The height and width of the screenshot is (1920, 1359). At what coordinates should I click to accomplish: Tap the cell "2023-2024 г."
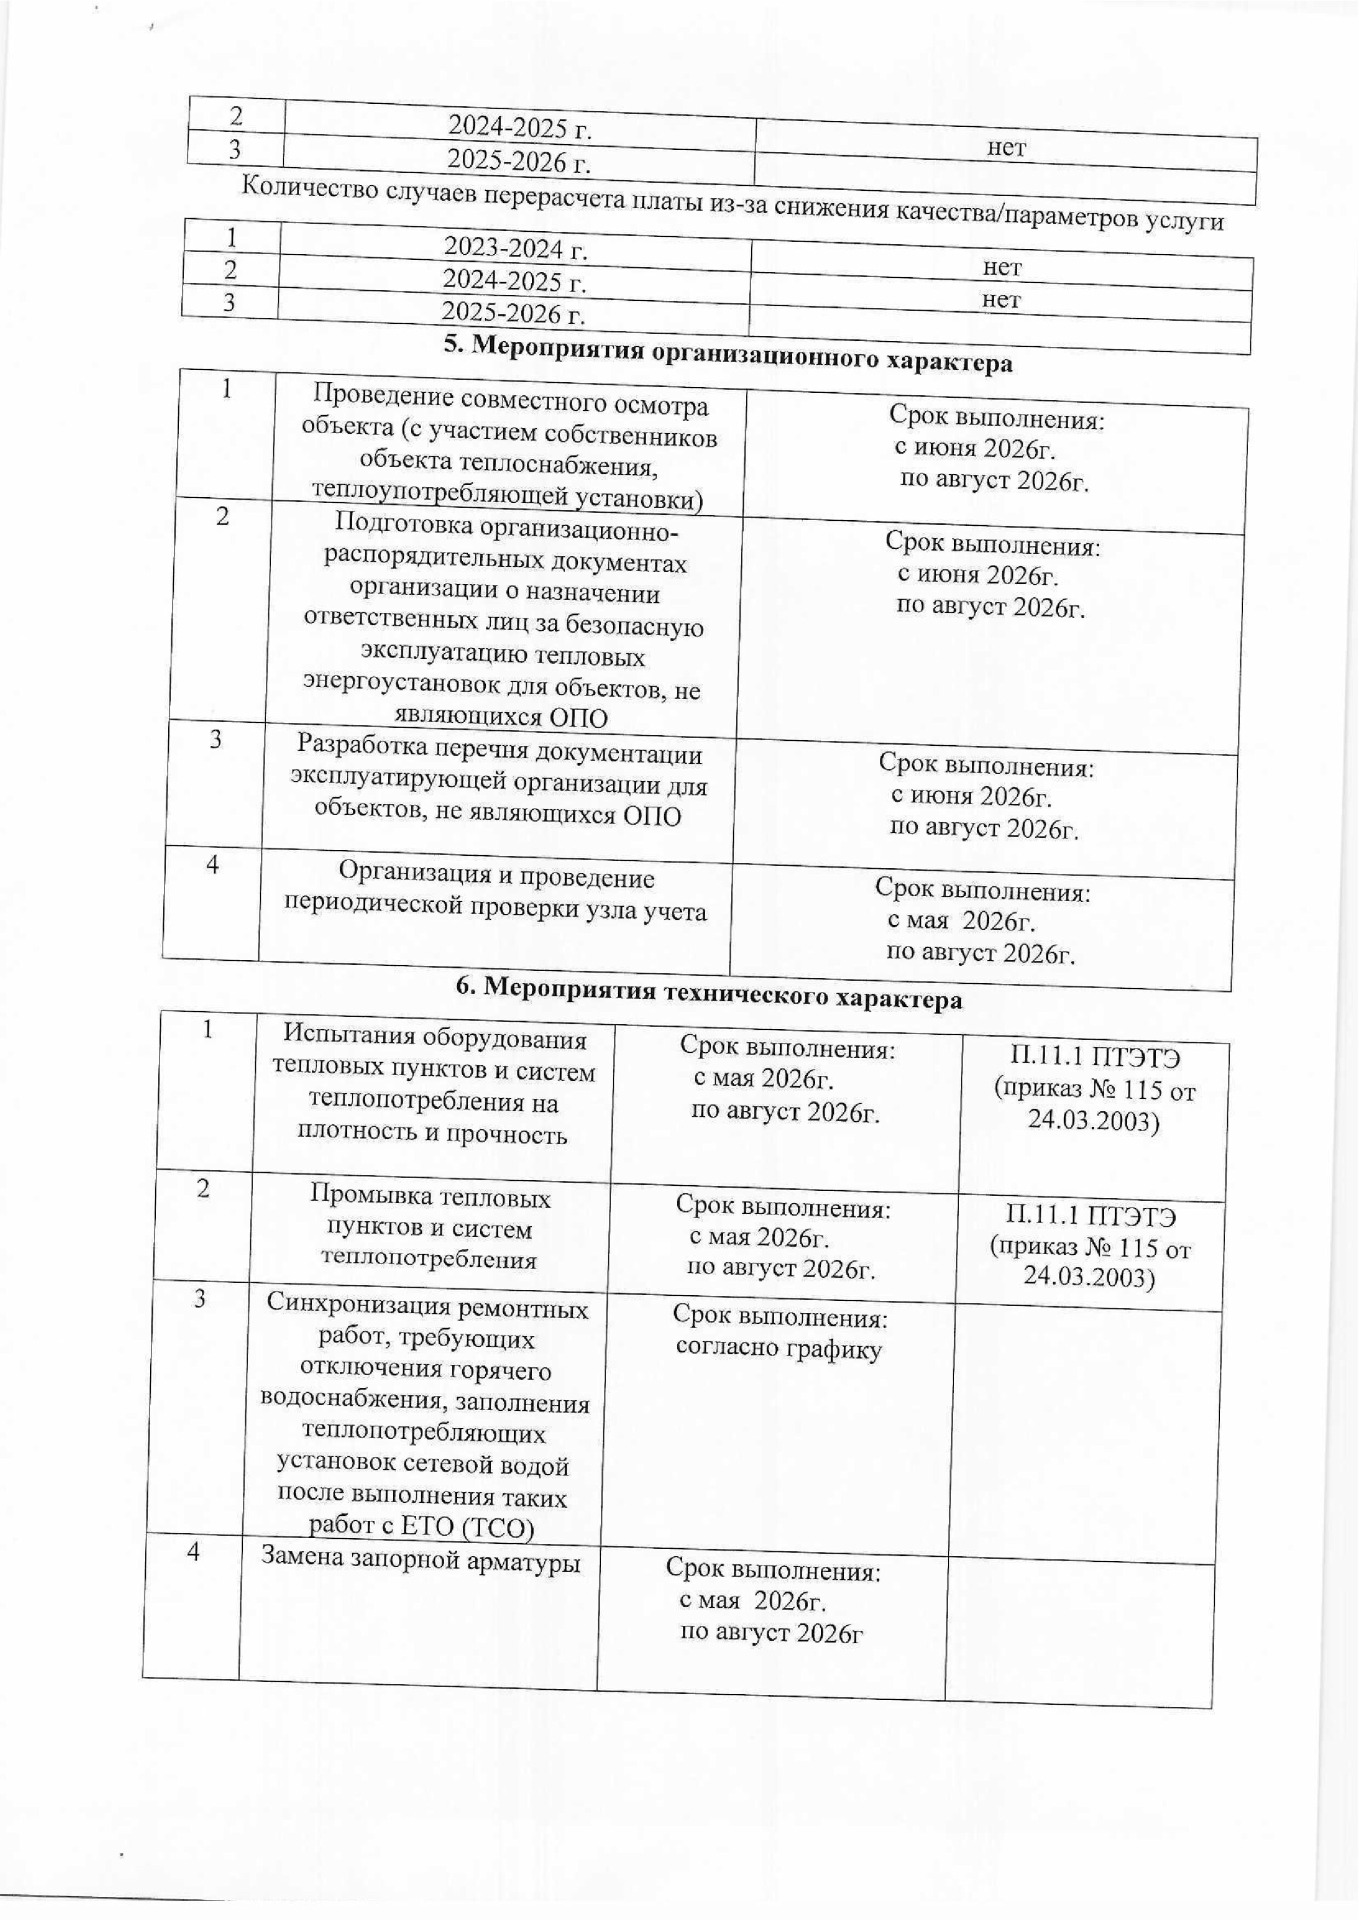[x=514, y=247]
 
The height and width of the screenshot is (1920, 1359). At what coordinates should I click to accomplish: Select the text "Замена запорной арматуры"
[x=421, y=1557]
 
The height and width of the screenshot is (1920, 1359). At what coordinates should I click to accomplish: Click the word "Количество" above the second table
[x=310, y=187]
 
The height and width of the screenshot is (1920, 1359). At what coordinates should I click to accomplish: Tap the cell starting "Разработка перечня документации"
[x=498, y=783]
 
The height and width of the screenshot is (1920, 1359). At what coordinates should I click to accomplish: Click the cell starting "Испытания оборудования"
[x=433, y=1086]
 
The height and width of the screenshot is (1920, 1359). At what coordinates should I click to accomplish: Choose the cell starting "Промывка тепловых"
[x=429, y=1227]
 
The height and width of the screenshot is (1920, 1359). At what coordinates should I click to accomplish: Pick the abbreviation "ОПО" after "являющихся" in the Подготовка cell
[x=578, y=716]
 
